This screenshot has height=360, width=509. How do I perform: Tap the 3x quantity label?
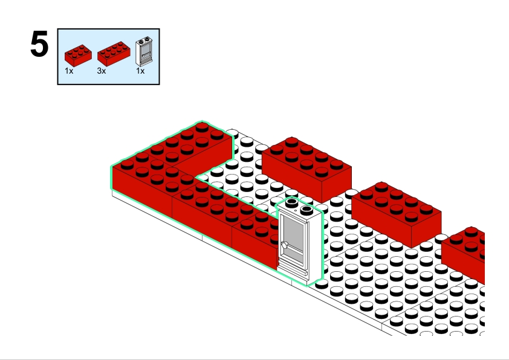point(101,71)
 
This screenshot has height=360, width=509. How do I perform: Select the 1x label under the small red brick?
point(69,71)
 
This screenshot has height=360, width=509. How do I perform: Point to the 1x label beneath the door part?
point(140,71)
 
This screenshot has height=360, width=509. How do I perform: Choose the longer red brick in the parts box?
point(114,53)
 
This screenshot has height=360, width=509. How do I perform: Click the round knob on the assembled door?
point(285,246)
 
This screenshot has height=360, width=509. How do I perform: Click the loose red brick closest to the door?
point(306,167)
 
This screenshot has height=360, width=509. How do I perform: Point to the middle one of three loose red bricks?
point(396,211)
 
